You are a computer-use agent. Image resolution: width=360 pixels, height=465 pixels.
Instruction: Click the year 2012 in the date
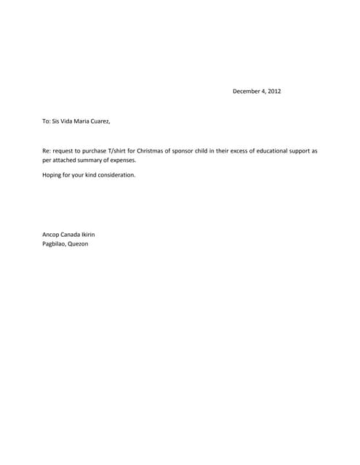273,92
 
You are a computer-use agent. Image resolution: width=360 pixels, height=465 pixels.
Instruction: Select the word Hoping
52,175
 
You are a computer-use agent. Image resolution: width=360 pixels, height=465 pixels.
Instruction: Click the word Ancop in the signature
51,234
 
